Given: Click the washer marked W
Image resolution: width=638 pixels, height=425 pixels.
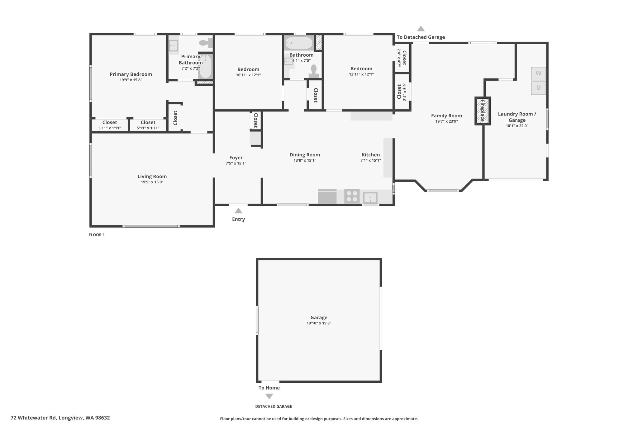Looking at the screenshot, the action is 538,73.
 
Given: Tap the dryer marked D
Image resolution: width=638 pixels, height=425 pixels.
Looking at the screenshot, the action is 538,88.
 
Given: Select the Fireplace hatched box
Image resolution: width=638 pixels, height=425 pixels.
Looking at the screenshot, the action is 483,111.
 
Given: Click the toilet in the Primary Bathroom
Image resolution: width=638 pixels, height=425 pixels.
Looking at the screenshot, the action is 206,43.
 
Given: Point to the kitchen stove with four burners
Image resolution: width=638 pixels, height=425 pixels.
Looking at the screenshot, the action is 352,196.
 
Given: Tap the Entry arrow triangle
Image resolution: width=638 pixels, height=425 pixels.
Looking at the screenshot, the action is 238,210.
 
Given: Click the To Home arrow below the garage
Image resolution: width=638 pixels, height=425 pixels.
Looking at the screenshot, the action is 269,396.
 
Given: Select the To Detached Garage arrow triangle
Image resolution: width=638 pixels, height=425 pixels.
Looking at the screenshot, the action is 421,29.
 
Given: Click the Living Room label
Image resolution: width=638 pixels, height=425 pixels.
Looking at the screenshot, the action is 152,176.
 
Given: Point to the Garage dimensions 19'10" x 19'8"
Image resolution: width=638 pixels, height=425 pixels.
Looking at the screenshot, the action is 319,323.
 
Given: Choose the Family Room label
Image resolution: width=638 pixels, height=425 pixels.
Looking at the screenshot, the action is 446,116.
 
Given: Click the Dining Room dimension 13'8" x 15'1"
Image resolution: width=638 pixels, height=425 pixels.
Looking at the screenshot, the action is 305,160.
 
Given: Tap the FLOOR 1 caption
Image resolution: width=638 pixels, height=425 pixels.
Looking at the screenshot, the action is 97,235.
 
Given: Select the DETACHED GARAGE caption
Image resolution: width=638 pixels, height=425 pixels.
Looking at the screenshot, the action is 274,406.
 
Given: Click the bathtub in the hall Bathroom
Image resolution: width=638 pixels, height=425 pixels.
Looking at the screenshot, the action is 299,43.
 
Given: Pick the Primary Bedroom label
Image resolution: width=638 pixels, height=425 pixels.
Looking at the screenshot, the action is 131,74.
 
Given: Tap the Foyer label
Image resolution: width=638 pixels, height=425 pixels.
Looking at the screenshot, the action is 236,158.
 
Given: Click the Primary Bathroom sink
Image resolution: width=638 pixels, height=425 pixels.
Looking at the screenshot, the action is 174,46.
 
